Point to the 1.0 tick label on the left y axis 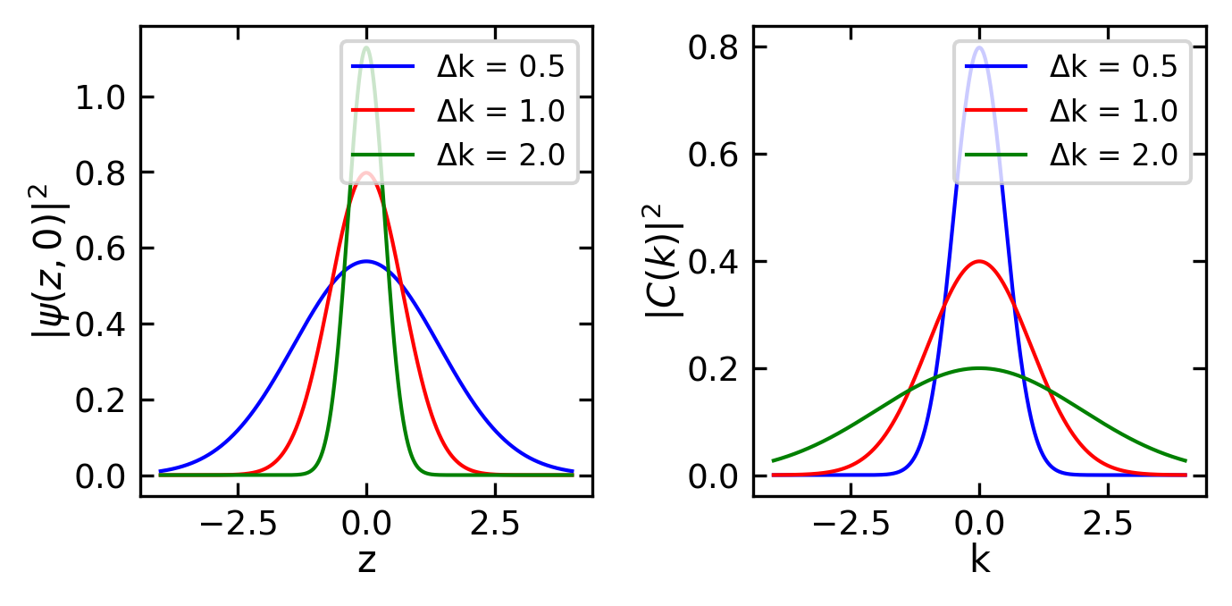pos(101,97)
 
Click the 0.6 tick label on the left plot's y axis pos(101,248)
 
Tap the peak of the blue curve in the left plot pos(366,262)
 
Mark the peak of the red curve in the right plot pos(980,261)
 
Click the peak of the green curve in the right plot pos(980,368)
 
